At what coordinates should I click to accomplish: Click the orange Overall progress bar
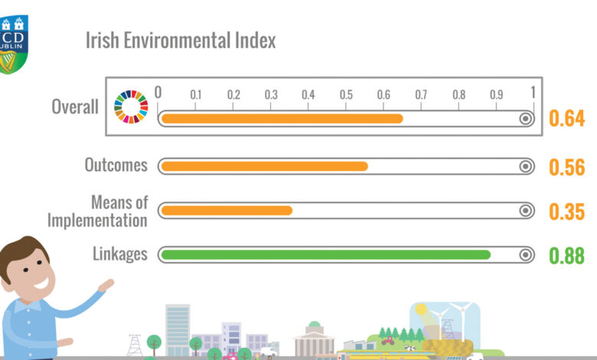coord(282,119)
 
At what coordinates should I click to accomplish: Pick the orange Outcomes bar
coord(264,166)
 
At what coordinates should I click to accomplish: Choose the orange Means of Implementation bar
coord(227,211)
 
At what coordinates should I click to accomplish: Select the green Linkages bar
coord(325,254)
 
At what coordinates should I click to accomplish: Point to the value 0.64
coord(566,119)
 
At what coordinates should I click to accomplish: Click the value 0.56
coord(566,167)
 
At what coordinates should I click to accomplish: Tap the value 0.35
coord(566,211)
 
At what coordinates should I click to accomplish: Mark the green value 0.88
coord(566,255)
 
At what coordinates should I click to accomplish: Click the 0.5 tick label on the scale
coord(346,95)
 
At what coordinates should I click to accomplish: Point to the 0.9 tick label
coord(496,95)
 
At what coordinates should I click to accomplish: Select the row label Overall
coord(75,106)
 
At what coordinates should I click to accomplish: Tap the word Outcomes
coord(116,165)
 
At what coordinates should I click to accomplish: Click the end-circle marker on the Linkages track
coord(526,254)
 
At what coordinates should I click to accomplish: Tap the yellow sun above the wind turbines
coord(421,310)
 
